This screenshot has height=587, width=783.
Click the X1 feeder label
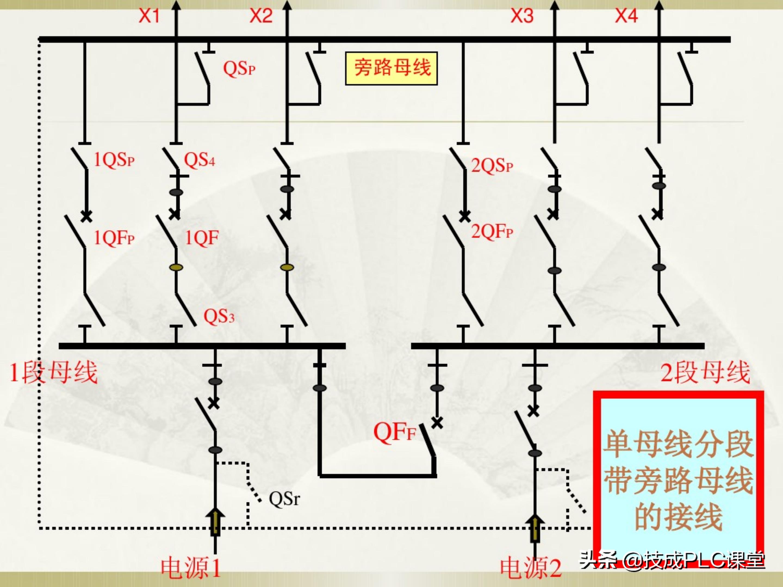[x=149, y=16]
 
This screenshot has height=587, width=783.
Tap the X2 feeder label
[x=261, y=16]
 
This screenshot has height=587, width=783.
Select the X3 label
[x=522, y=16]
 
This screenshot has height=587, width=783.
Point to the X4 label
[x=626, y=16]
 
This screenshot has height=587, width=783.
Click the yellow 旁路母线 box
[x=391, y=68]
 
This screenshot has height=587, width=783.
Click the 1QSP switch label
[x=114, y=160]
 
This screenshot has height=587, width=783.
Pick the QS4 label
[x=199, y=160]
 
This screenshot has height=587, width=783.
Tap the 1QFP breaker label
[x=114, y=238]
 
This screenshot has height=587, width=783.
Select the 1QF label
[x=202, y=238]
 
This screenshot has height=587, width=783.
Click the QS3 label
[x=219, y=316]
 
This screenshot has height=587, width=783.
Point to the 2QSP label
[x=492, y=166]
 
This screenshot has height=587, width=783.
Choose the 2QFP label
[x=492, y=232]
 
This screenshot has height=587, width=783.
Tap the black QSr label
[x=284, y=499]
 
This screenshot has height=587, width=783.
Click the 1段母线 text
[x=53, y=373]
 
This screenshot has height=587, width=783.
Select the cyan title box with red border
[x=678, y=479]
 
